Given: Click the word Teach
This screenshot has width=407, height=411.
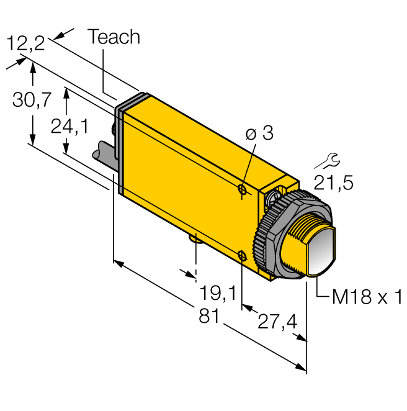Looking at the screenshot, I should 114,37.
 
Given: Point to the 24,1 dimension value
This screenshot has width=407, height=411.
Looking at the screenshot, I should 69,127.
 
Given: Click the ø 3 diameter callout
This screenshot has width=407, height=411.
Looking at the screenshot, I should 259,133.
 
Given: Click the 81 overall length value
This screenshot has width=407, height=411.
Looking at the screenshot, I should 210,316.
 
